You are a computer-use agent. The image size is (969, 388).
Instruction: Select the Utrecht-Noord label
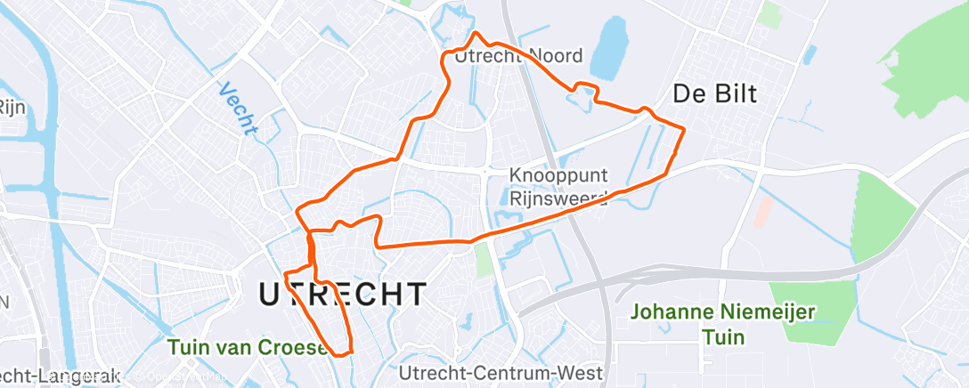tap(517, 57)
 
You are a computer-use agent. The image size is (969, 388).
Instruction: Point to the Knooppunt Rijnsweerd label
tap(558, 186)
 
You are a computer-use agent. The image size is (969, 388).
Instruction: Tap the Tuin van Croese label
tap(250, 346)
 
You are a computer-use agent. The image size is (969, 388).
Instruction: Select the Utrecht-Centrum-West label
tap(501, 372)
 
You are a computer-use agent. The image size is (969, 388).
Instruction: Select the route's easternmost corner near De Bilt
tap(682, 130)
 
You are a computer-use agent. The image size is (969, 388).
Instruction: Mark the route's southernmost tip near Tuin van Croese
tap(342, 353)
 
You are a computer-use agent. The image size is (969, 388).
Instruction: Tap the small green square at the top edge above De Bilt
tap(770, 12)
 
